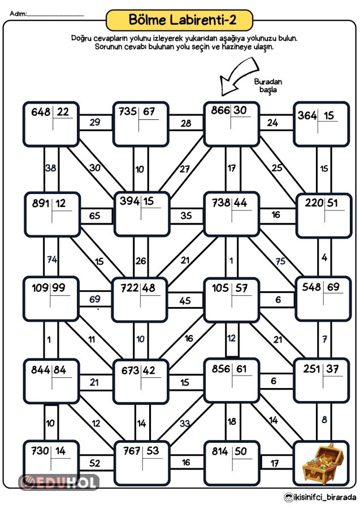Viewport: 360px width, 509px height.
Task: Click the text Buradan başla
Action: (268, 86)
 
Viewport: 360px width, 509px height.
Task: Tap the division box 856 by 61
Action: (231, 378)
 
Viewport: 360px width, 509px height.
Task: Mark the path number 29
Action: (95, 123)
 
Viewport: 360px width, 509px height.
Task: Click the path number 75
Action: (279, 261)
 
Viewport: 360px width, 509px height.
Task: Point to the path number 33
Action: (184, 422)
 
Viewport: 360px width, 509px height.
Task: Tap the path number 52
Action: (95, 464)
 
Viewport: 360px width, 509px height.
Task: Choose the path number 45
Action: (185, 301)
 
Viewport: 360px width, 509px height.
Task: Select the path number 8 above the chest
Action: (324, 420)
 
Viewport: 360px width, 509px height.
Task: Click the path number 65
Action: (95, 215)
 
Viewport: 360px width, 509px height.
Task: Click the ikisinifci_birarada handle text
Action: (321, 497)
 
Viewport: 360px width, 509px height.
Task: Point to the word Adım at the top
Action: (18, 12)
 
